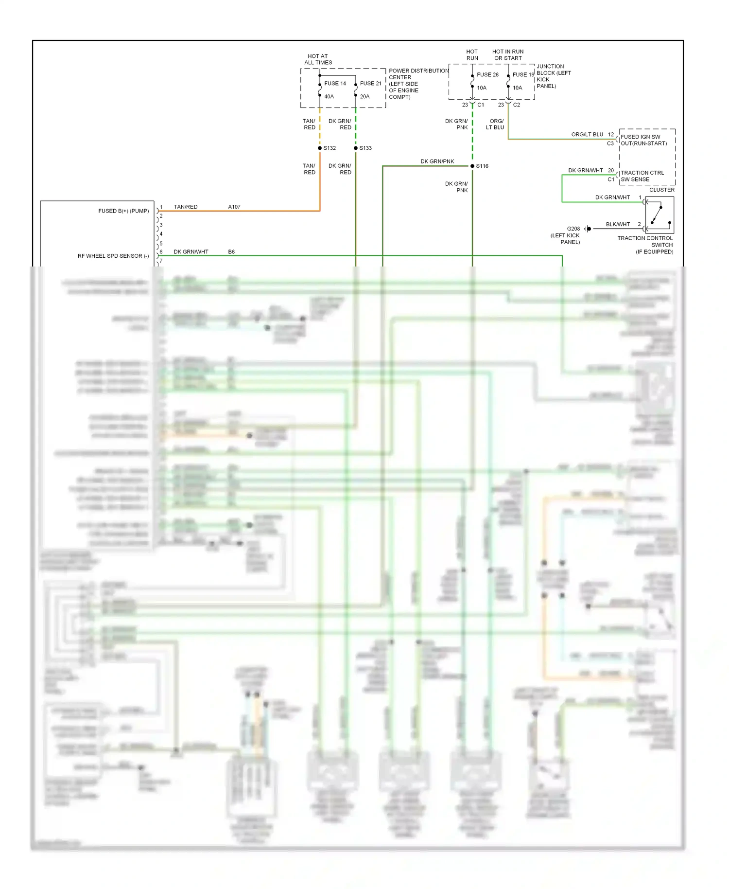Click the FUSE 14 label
coord(335,83)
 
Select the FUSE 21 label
coord(371,83)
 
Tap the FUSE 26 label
coord(487,74)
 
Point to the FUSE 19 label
coord(523,74)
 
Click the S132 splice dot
coord(320,148)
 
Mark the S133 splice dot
coord(356,148)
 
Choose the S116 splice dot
coord(472,166)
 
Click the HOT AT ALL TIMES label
coord(318,59)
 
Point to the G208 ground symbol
coord(588,229)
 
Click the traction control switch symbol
coord(660,215)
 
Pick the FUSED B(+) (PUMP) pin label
coord(123,211)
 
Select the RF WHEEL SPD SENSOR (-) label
coord(113,256)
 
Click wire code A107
coord(234,207)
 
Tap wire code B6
coord(231,252)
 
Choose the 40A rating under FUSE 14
coord(329,96)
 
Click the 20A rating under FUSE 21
coord(364,96)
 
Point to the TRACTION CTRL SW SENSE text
coord(642,176)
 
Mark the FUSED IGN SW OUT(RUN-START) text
coord(643,140)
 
